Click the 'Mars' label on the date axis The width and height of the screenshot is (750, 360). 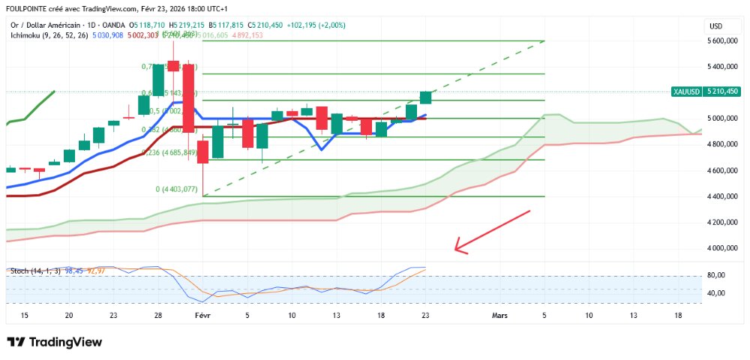(x=499, y=316)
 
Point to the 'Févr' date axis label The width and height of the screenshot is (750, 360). (x=202, y=316)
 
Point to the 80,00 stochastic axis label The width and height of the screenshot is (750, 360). (x=716, y=275)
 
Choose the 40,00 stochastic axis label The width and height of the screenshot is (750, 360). (x=716, y=292)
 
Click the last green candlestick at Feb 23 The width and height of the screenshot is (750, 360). (x=425, y=97)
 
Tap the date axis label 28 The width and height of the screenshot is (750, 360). (x=157, y=316)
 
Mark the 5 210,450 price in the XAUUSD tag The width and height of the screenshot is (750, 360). (x=722, y=91)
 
